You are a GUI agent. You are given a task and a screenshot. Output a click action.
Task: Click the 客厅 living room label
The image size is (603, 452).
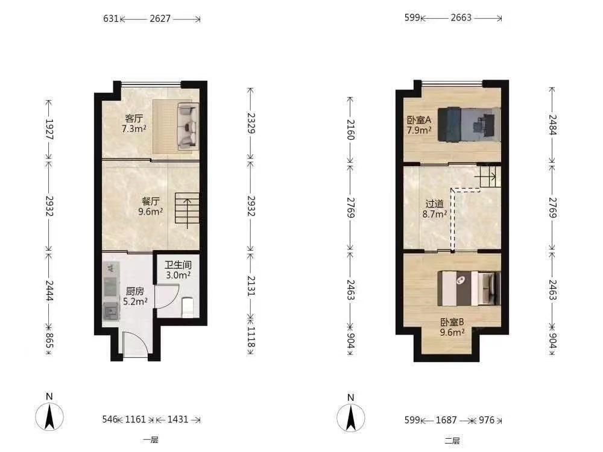134,118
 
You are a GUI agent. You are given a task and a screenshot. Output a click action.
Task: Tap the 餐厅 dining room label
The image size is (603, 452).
150,201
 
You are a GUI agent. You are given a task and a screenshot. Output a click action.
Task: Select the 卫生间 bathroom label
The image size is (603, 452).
178,265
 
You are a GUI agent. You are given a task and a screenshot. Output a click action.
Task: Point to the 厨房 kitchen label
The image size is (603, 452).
135,291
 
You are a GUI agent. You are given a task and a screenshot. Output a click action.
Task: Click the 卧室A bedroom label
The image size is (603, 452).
419,120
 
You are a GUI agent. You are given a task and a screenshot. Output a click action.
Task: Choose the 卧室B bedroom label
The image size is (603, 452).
452,322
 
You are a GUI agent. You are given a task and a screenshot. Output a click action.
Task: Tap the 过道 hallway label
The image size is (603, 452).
435,204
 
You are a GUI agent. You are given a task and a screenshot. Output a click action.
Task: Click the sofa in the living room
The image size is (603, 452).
188,126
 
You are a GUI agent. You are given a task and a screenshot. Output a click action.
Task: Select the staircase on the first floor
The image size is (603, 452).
188,208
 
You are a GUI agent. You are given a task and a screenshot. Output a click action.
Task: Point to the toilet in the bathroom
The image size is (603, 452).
188,307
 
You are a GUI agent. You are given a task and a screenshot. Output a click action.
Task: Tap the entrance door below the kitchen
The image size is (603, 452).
135,344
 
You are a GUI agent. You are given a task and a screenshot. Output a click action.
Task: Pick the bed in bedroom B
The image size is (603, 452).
469,289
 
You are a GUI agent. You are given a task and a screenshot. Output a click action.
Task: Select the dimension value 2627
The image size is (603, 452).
160,19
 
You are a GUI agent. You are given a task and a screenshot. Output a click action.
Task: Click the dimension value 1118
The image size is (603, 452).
251,336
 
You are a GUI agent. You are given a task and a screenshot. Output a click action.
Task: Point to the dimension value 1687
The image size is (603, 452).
446,419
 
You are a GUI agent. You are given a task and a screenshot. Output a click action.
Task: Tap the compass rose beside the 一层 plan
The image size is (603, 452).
49,416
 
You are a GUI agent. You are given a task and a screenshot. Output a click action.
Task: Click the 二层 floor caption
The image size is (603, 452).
452,441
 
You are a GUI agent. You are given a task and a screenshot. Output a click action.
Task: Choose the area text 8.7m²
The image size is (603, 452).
435,214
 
